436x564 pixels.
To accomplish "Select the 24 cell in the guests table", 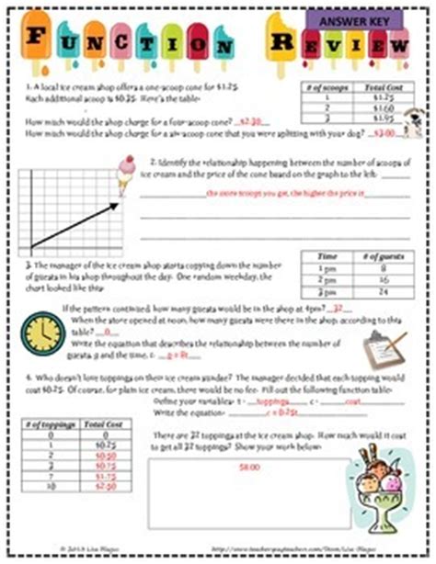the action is (379, 291).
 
